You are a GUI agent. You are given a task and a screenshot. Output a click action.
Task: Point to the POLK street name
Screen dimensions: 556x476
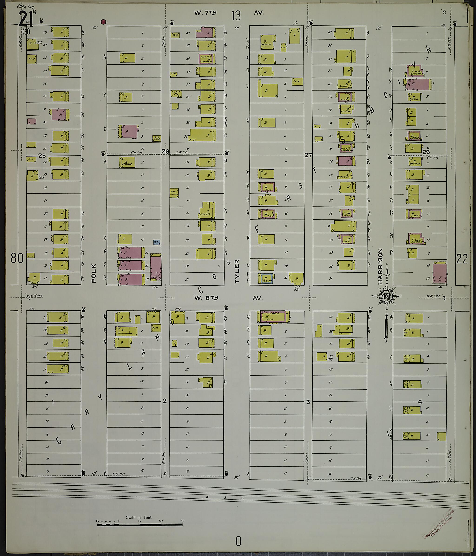93,273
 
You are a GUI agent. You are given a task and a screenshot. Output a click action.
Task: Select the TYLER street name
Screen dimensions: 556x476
237,271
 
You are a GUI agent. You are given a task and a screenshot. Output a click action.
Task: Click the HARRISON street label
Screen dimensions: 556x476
380,266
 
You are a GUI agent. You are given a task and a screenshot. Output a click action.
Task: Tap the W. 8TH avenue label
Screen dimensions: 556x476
206,298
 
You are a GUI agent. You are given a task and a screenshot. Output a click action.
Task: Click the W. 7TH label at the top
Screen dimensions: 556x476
205,13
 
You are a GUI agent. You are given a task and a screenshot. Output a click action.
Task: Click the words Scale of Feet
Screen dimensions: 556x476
139,517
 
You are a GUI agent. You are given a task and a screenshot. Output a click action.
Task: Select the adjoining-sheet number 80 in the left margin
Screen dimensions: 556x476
17,258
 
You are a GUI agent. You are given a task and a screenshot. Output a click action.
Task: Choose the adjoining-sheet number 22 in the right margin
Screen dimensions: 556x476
462,259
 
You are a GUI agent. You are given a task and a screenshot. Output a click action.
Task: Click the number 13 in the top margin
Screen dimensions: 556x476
236,16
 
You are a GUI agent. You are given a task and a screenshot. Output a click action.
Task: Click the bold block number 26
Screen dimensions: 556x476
165,152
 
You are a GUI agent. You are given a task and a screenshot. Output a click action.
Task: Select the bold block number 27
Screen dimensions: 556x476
308,155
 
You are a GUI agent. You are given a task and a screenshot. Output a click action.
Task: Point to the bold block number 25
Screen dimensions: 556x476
42,155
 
